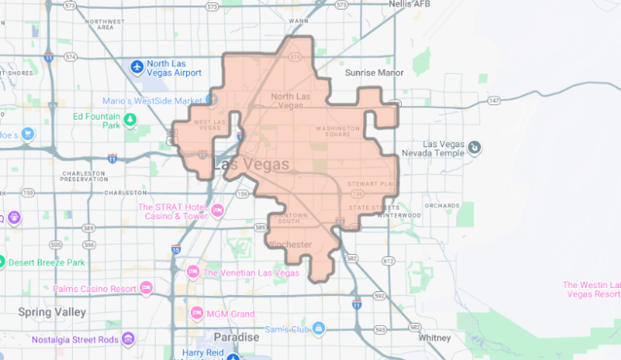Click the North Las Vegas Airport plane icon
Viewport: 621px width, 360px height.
pos(137,65)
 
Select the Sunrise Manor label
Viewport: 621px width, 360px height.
pos(374,72)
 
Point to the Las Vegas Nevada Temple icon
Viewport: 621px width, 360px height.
pos(475,146)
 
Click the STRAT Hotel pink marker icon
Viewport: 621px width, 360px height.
pos(218,211)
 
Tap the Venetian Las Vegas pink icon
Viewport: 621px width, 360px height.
pos(192,272)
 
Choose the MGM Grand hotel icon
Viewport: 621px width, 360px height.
pos(196,312)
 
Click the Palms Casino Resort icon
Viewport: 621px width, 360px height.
pos(146,287)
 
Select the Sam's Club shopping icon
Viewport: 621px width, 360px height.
pos(319,328)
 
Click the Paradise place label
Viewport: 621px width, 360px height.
pos(236,336)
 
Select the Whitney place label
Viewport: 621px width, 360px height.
pos(434,337)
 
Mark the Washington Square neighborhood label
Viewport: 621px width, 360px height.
pos(337,131)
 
